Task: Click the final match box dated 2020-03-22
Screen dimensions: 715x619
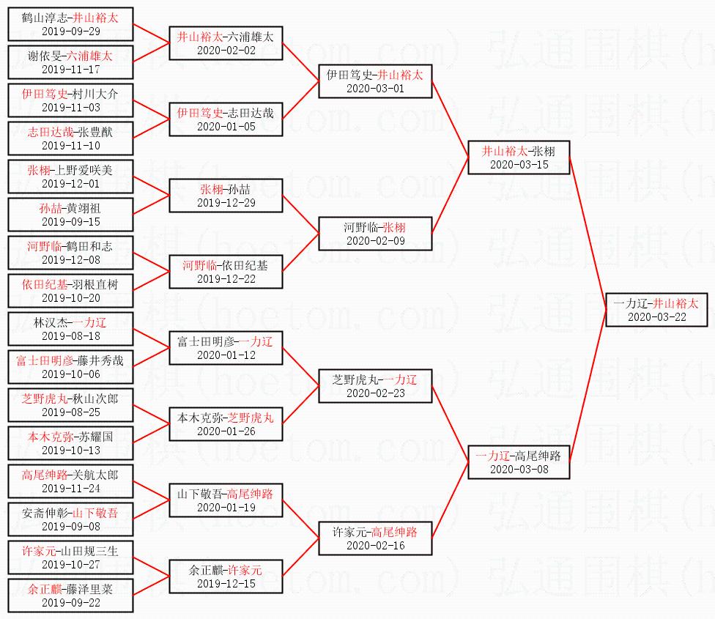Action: [656, 310]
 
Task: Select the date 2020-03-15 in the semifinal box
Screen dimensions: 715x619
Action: [519, 165]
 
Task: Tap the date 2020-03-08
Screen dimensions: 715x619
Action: [519, 470]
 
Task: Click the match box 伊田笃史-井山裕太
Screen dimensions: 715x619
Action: [375, 81]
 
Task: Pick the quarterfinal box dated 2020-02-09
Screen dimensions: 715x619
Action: [375, 234]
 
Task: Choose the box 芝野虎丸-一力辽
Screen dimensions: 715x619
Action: [375, 386]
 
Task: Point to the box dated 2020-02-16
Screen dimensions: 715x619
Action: [375, 538]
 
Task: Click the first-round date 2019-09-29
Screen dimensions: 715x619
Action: [70, 31]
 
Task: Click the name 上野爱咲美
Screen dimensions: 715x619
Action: [89, 170]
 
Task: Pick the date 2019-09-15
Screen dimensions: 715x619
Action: [70, 222]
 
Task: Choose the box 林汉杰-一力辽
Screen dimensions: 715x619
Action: [70, 329]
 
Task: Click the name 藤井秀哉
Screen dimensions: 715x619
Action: [100, 360]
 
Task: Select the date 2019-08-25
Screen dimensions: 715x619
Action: [70, 412]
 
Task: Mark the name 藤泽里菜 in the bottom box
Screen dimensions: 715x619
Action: [89, 589]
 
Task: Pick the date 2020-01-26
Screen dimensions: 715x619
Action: [226, 431]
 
